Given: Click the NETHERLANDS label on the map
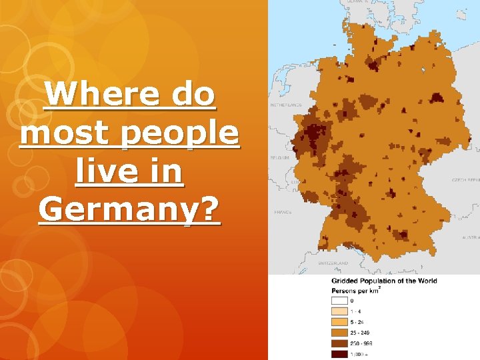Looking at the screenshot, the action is [x=285, y=105].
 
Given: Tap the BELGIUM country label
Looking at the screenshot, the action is [x=279, y=158].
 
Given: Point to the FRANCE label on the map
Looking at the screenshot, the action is [x=283, y=212].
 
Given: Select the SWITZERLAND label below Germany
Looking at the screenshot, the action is [x=333, y=263].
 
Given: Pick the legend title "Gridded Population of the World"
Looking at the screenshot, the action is [x=385, y=281].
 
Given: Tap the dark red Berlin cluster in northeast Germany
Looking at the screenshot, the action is [x=437, y=97].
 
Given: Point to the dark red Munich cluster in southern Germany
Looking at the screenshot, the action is [x=401, y=235].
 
